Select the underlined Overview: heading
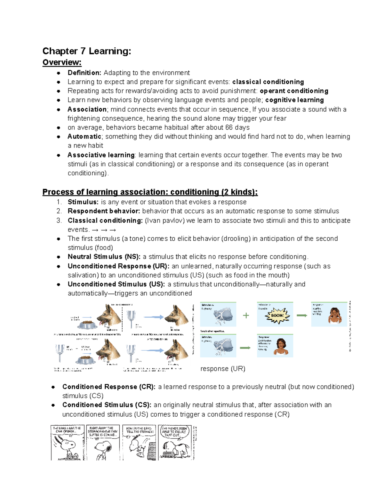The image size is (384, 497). pos(62,62)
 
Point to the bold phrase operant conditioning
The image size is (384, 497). pos(294,91)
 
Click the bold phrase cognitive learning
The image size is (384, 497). pos(294,100)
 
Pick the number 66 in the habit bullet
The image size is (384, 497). pos(229,127)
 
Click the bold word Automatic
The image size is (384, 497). pos(84,137)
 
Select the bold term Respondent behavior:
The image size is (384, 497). pos(104,211)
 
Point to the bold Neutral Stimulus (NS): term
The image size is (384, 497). pos(104,257)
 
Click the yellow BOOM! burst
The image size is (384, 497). pos(277,315)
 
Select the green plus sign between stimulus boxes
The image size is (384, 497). pos(246,316)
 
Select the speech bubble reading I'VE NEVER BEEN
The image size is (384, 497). pos(174,432)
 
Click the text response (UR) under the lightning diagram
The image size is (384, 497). pos(223,369)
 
